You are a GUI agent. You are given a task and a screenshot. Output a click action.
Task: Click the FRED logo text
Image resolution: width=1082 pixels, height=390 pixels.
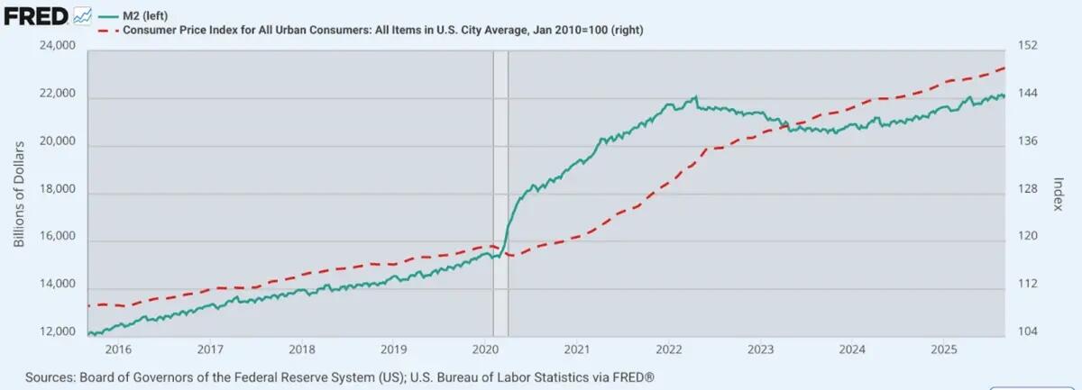tap(36, 15)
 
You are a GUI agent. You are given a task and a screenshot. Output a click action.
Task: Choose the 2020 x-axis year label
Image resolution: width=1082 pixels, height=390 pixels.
tap(485, 349)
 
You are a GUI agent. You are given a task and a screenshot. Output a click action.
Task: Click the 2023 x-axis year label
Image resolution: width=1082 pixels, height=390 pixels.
tap(760, 349)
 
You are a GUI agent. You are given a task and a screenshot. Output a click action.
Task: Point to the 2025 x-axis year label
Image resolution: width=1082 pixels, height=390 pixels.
tap(943, 349)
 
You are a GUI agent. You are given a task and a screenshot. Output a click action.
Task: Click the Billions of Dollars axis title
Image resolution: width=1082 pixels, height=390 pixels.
tap(19, 192)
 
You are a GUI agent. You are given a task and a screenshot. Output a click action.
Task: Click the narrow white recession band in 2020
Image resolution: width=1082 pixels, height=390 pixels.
tap(500, 180)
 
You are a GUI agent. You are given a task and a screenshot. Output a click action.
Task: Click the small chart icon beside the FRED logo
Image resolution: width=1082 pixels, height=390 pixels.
tap(83, 15)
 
